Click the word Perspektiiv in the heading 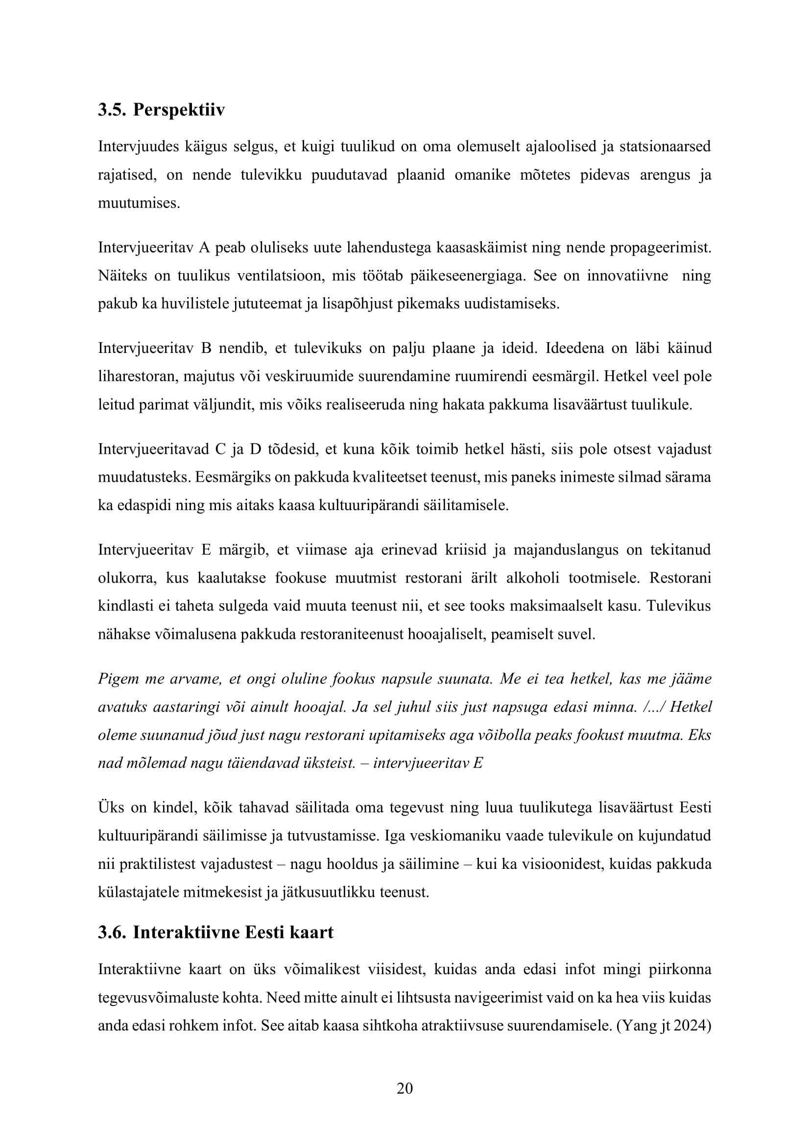[x=179, y=110]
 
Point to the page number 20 [x=405, y=1088]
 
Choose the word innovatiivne [x=627, y=276]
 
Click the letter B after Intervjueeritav [x=206, y=348]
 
